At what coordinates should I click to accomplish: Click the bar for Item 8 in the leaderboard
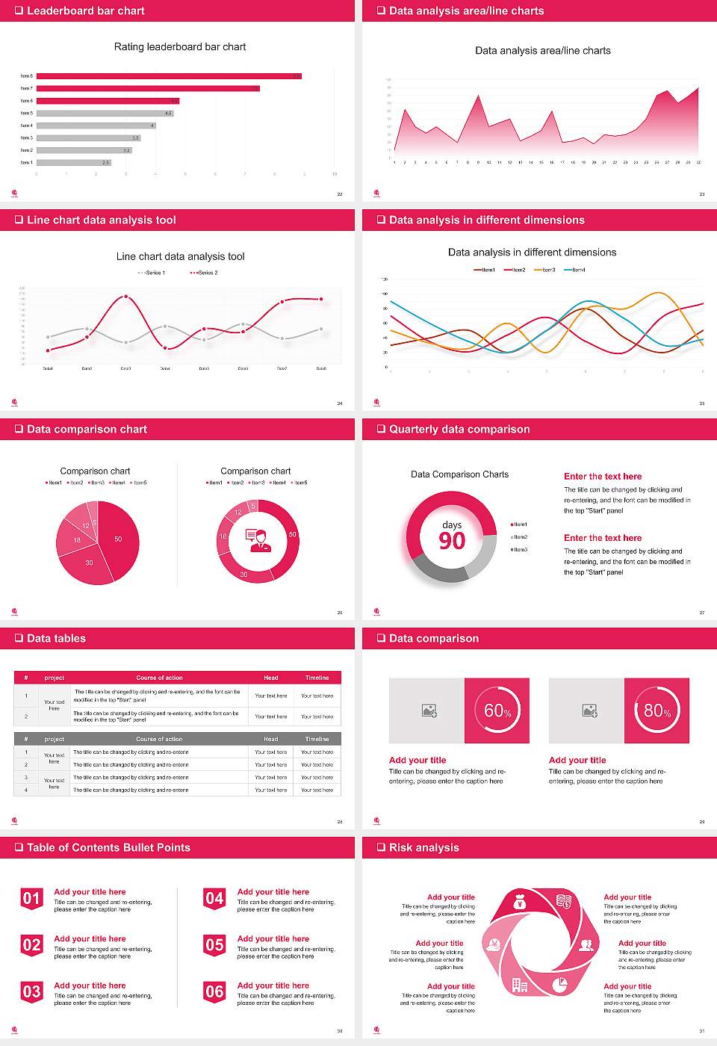[x=168, y=76]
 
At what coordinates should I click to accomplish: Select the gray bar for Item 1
[x=73, y=162]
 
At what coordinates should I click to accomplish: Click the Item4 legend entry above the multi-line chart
[x=575, y=270]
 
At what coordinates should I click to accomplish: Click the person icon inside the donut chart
[x=258, y=539]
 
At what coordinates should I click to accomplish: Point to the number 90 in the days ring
[x=452, y=541]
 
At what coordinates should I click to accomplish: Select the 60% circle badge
[x=497, y=710]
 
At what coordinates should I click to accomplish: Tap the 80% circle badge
[x=657, y=710]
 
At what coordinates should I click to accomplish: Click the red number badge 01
[x=31, y=898]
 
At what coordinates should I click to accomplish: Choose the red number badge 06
[x=214, y=991]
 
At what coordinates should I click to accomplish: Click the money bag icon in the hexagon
[x=521, y=903]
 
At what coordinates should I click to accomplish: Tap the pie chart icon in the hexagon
[x=560, y=985]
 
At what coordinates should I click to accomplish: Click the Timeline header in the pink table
[x=317, y=678]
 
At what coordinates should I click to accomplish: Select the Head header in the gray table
[x=270, y=739]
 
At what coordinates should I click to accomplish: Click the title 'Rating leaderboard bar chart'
[x=180, y=46]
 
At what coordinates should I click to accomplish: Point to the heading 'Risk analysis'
[x=424, y=847]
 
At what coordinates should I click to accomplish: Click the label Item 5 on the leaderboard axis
[x=26, y=113]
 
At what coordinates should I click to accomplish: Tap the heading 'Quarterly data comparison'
[x=459, y=429]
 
